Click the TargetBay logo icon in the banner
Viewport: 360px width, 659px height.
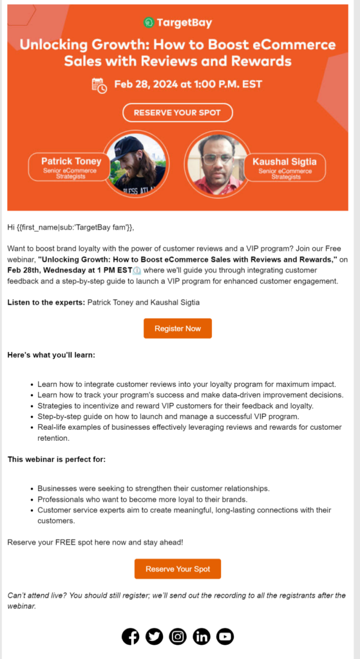[149, 23]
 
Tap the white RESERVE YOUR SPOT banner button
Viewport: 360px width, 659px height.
[177, 113]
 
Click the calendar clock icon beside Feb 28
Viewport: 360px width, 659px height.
[99, 85]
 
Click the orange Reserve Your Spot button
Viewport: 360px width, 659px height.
[177, 569]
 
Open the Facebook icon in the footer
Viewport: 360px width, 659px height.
[131, 636]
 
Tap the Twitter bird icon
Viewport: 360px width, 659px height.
[154, 636]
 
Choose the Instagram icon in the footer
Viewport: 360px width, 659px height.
[178, 636]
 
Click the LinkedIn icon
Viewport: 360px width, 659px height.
[202, 636]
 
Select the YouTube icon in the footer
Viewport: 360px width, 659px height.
[225, 636]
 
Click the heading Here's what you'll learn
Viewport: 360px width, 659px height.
[51, 355]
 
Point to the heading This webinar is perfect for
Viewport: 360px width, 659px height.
[57, 459]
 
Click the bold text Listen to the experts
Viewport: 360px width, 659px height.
[46, 302]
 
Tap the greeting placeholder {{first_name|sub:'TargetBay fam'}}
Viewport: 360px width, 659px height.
[75, 227]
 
